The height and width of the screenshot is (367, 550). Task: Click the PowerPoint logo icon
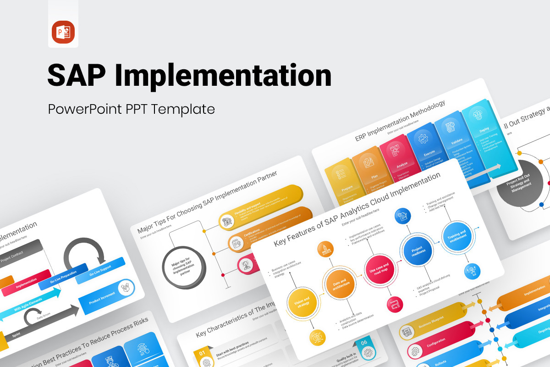click(x=63, y=32)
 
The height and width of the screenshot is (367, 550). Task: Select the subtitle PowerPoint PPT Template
click(x=131, y=109)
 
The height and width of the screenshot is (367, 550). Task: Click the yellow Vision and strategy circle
click(x=302, y=303)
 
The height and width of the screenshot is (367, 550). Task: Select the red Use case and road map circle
click(x=379, y=268)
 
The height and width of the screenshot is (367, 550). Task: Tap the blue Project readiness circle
click(x=418, y=251)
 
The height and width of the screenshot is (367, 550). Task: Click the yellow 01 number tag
click(x=202, y=354)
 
